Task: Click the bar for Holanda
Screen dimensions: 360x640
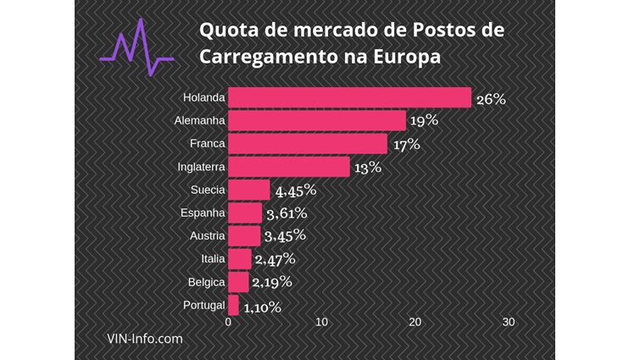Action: [x=349, y=97]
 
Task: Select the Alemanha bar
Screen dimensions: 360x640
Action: [x=317, y=120]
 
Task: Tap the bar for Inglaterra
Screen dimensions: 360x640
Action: [x=289, y=167]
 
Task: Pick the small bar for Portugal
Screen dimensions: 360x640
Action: [x=234, y=305]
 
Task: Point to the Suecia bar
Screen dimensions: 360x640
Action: [x=249, y=190]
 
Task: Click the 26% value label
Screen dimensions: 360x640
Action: [x=491, y=98]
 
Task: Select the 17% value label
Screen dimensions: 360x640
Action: [x=407, y=144]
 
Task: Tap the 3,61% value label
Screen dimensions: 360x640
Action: [x=286, y=213]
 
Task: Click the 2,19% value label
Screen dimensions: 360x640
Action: [x=272, y=282]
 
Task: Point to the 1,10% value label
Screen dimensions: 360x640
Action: [x=262, y=307]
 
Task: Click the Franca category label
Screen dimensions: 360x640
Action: [x=207, y=144]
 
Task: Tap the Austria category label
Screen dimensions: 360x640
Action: [x=205, y=236]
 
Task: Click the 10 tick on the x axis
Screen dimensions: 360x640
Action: [x=321, y=322]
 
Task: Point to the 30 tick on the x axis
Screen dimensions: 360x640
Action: [x=508, y=322]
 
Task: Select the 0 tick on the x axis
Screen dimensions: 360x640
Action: [x=228, y=322]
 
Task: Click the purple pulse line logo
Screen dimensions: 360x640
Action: [x=136, y=53]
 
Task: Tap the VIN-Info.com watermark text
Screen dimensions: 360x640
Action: [x=144, y=338]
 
